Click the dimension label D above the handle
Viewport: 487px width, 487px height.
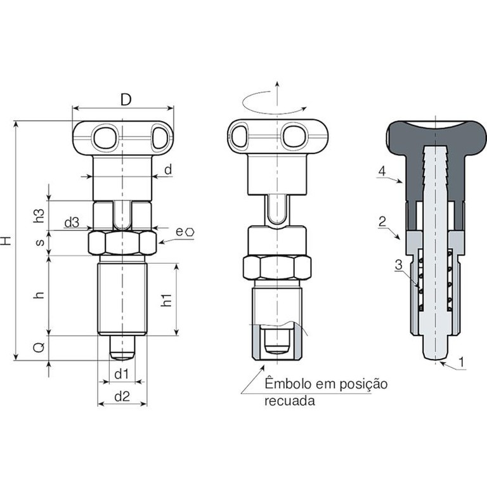point(126,100)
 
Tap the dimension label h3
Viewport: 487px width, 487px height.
point(39,215)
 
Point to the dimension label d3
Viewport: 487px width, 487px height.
point(72,223)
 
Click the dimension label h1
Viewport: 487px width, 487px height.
point(167,299)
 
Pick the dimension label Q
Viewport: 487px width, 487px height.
point(39,347)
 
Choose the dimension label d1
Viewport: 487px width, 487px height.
point(122,374)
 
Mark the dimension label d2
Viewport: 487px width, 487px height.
point(122,396)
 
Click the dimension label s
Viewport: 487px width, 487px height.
point(41,242)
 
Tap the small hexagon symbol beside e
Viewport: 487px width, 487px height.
point(190,232)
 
